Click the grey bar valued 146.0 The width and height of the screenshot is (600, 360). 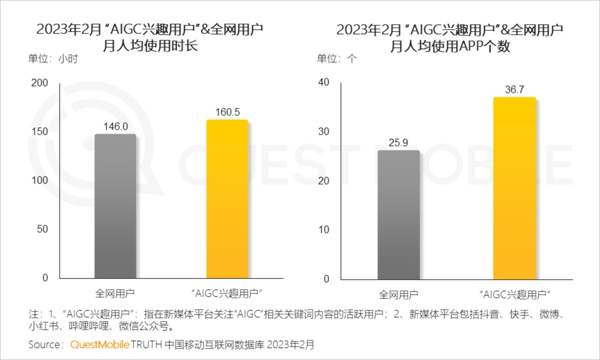tap(115, 206)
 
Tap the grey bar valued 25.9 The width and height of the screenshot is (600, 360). tap(399, 215)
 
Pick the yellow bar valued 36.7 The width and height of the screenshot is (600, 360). tap(514, 189)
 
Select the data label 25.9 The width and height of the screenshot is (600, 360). tap(399, 143)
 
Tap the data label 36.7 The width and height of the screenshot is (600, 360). tap(514, 90)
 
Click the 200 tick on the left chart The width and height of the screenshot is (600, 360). tap(40, 83)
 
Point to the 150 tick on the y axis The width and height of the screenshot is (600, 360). tap(40, 132)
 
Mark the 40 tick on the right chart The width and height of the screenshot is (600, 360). tap(323, 82)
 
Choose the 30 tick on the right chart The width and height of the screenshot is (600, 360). tap(323, 132)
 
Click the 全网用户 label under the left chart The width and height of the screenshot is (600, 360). tap(115, 294)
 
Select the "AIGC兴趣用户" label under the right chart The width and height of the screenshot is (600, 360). tap(514, 294)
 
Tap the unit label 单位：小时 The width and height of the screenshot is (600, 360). tap(53, 59)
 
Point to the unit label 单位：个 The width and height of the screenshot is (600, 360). tap(336, 59)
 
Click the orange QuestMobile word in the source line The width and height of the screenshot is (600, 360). tap(99, 345)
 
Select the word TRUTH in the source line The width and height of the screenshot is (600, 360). tap(147, 345)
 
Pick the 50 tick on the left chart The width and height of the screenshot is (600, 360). tap(42, 229)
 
